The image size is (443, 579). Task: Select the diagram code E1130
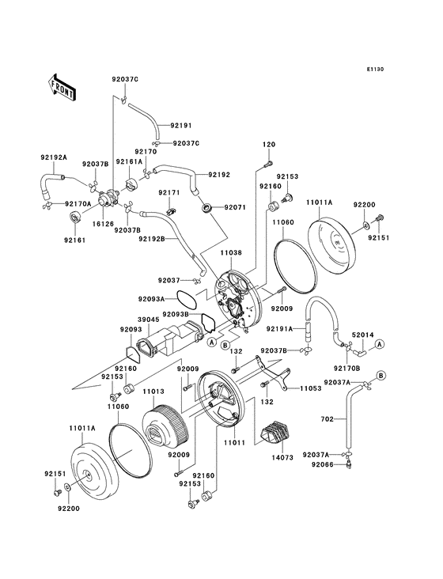coord(374,70)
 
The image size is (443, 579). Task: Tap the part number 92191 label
coord(180,125)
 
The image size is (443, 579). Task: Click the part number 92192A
coord(53,157)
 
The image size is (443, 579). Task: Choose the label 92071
coord(236,207)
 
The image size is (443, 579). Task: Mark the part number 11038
coord(230,252)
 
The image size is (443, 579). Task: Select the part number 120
coord(268,145)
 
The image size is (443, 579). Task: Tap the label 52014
coord(363,335)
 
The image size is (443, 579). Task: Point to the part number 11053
coord(310,388)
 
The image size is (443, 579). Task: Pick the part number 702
coord(327,419)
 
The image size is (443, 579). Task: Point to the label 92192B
coord(151,238)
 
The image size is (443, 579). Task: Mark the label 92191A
coord(280,327)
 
